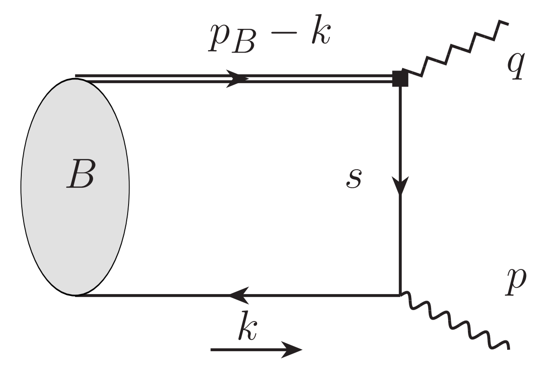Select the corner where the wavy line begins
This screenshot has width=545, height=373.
click(400, 295)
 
